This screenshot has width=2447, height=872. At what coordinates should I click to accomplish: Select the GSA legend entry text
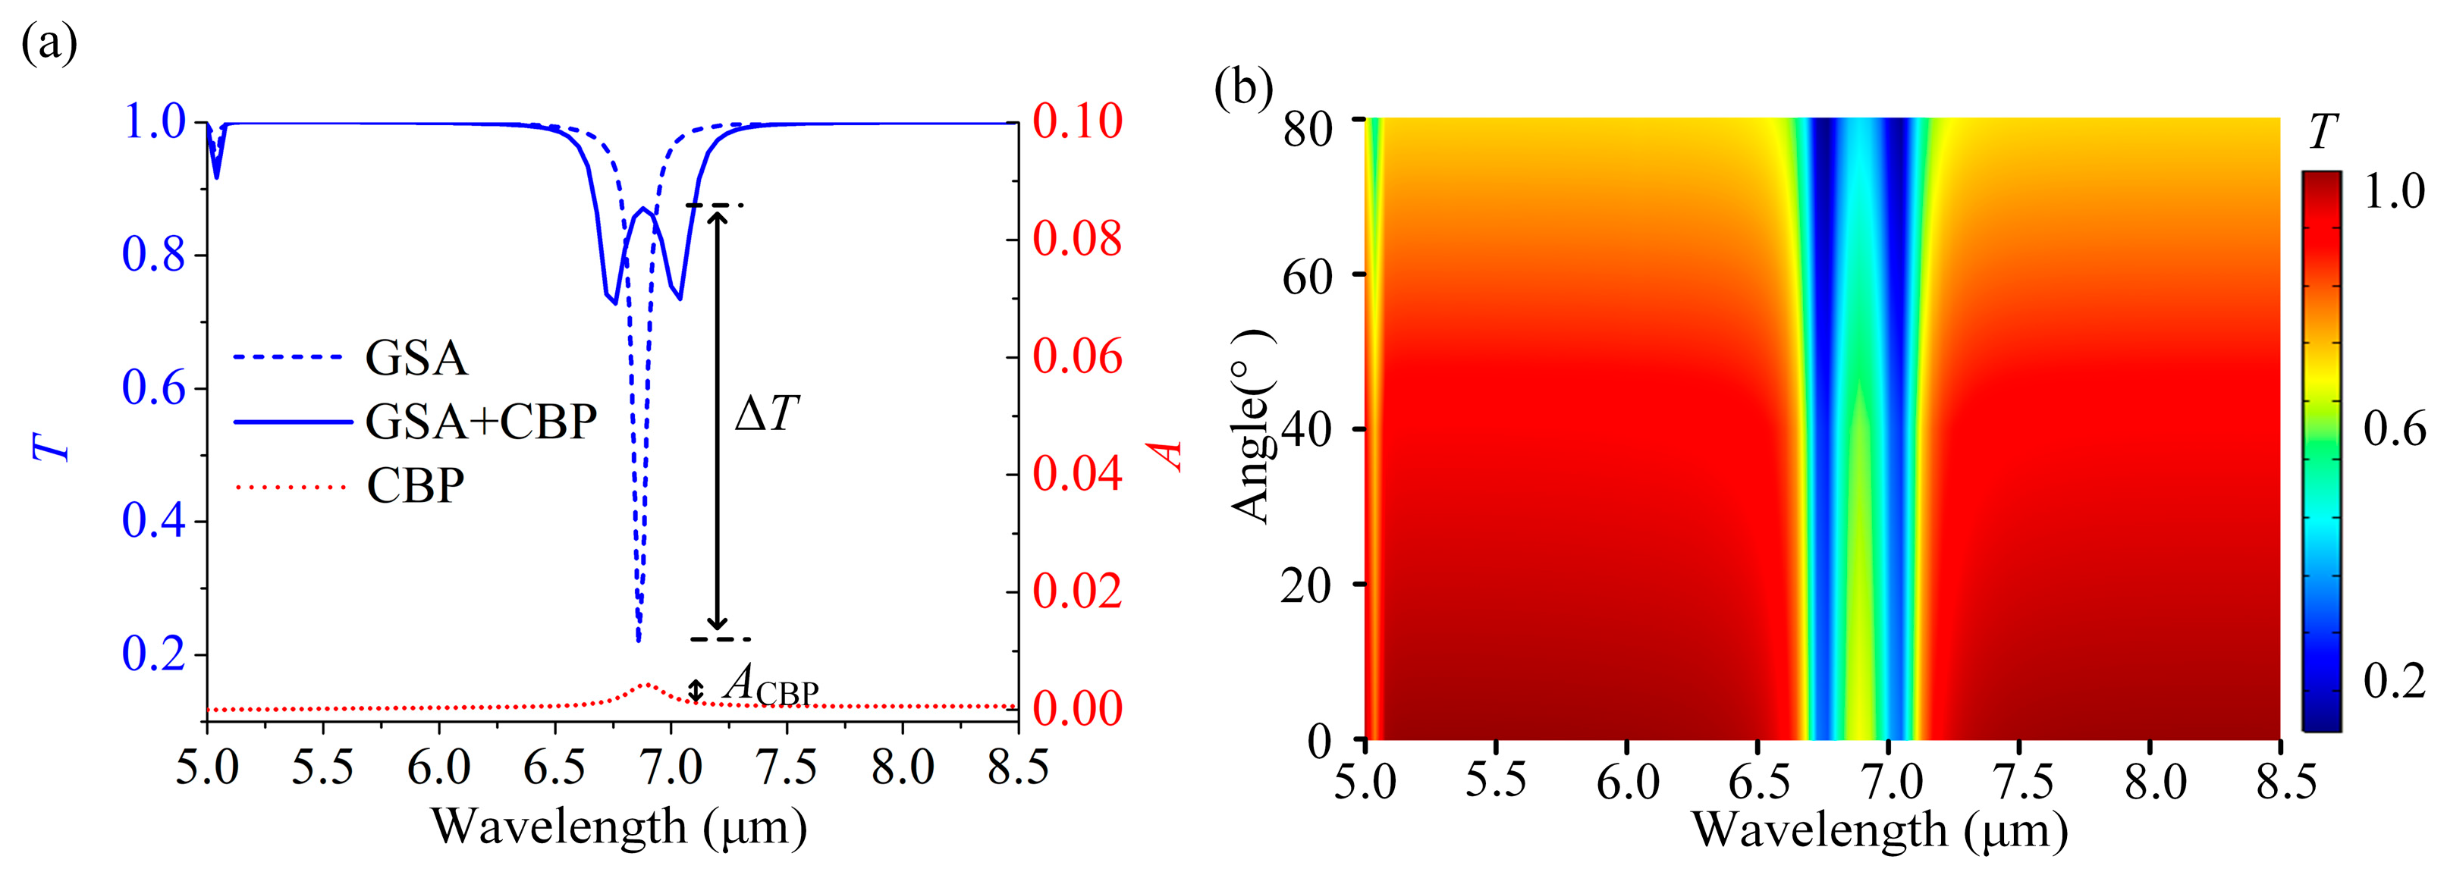tap(416, 358)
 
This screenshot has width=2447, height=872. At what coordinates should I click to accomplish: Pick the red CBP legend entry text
tap(415, 485)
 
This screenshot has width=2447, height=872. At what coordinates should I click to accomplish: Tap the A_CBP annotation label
tap(769, 685)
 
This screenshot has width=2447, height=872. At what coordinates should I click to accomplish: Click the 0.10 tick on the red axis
tap(1077, 121)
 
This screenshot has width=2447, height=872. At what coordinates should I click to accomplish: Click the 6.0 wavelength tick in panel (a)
tap(439, 767)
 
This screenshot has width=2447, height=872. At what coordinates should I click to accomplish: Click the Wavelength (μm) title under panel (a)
tap(620, 827)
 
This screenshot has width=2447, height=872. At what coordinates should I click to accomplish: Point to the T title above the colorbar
tap(2322, 133)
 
